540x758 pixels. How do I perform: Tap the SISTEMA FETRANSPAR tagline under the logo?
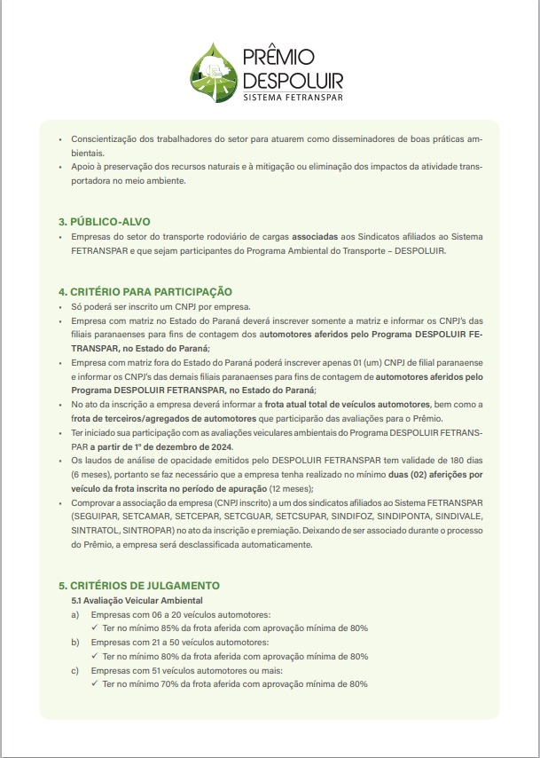[293, 96]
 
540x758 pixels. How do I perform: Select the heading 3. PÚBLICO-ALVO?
[105, 220]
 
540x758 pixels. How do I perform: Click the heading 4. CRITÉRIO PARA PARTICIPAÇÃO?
[145, 291]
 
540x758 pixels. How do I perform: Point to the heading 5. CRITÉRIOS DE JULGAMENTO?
[139, 586]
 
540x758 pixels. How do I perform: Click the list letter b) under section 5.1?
[75, 642]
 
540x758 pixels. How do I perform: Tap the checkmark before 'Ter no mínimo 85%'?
[95, 628]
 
